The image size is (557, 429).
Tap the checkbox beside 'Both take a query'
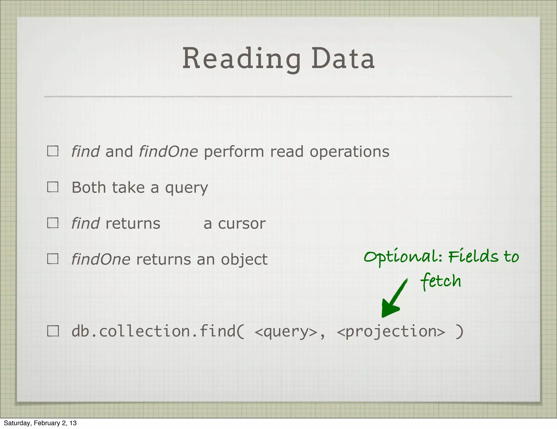pos(53,187)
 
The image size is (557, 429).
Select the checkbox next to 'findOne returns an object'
pos(53,259)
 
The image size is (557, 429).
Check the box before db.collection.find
pos(53,331)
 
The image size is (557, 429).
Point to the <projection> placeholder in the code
pos(391,332)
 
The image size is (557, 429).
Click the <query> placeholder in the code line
pos(286,332)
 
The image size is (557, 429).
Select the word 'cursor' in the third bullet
pos(242,224)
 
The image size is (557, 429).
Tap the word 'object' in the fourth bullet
pos(244,259)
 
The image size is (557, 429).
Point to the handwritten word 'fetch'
pos(441,281)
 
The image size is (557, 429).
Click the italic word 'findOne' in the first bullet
pos(168,152)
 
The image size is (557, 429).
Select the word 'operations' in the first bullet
pos(349,152)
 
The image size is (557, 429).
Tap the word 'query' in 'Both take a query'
pos(186,188)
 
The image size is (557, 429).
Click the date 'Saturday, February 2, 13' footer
pos(40,423)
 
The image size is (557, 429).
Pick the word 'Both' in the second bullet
pos(88,188)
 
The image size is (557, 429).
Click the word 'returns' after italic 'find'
pos(133,224)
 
